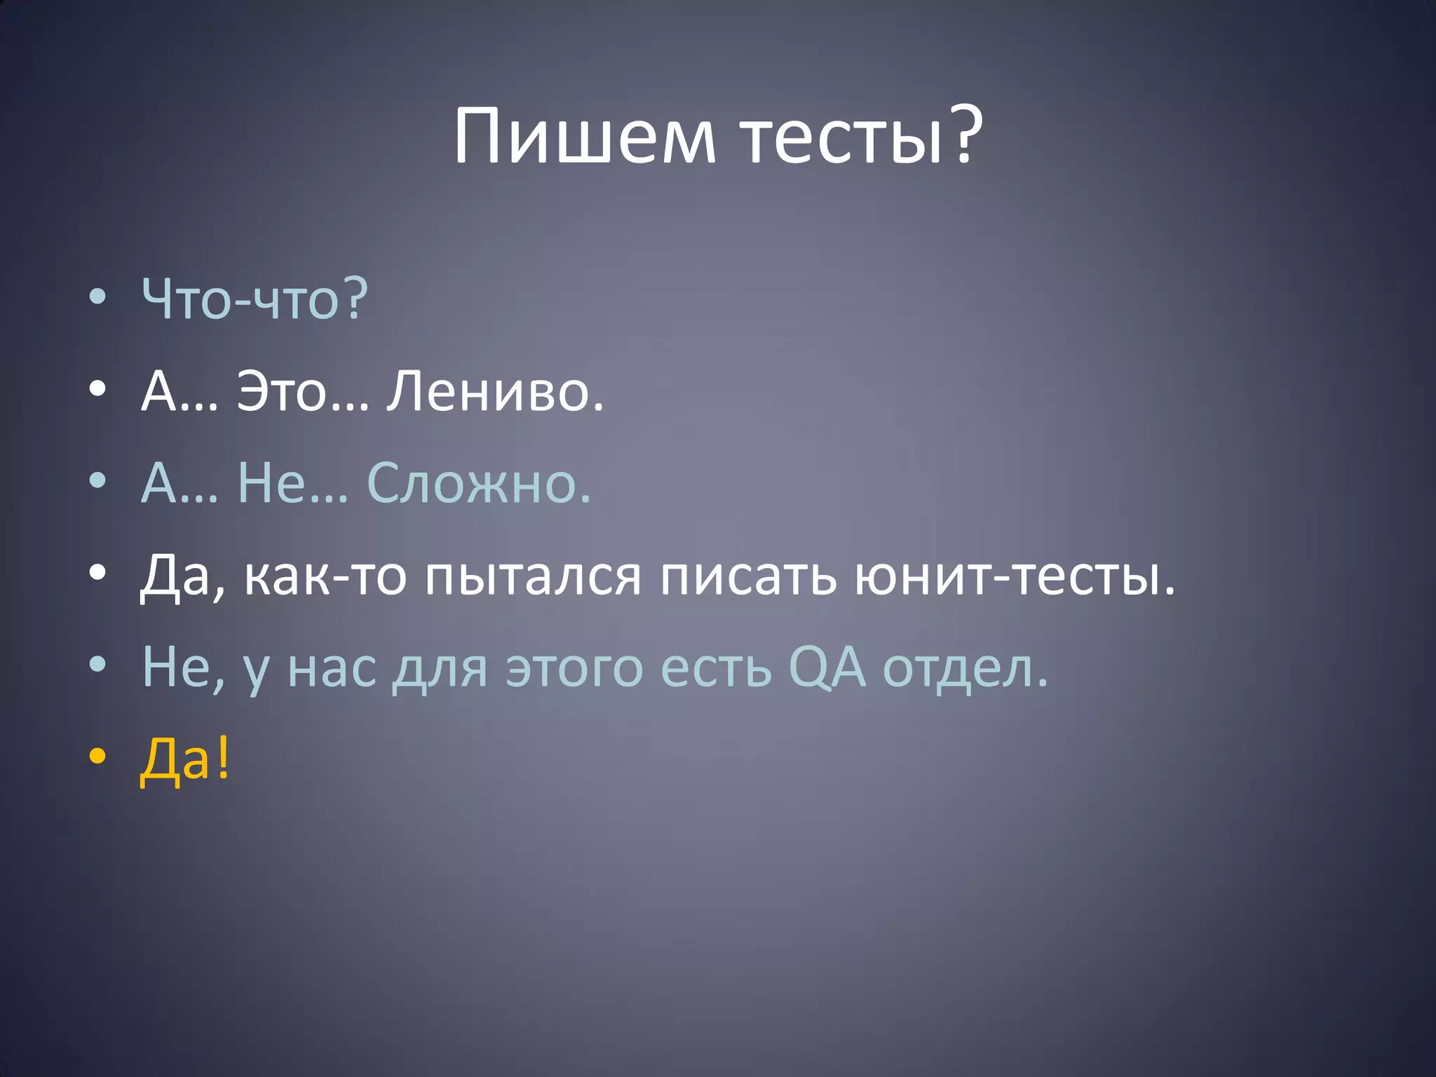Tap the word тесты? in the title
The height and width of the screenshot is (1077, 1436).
point(862,136)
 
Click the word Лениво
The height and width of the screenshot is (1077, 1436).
point(495,391)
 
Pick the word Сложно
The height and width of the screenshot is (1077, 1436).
point(479,484)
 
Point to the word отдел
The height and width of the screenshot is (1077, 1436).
point(965,668)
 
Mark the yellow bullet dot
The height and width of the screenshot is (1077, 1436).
point(98,757)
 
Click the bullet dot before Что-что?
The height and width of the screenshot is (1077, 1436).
point(98,297)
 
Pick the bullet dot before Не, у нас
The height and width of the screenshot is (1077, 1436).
point(98,665)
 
